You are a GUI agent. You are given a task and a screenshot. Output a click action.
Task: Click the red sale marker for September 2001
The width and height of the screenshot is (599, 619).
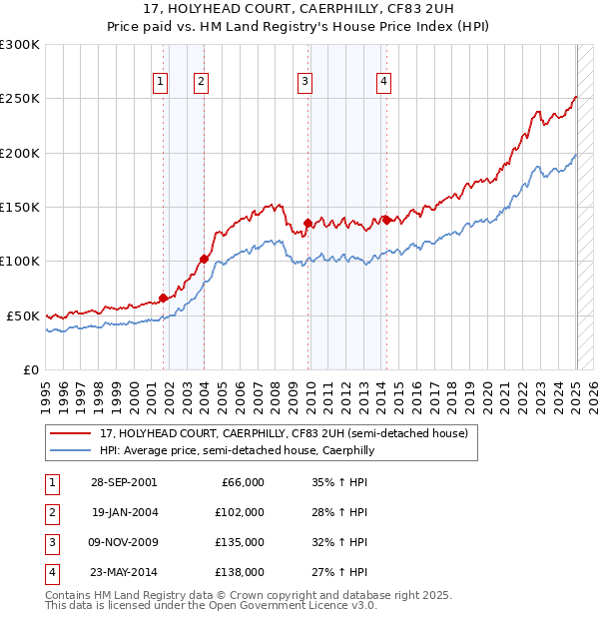coord(164,298)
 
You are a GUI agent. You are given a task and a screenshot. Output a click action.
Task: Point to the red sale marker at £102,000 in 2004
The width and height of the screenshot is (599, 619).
coord(204,260)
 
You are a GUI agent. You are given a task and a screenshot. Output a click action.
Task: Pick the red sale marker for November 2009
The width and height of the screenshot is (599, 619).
coord(307,223)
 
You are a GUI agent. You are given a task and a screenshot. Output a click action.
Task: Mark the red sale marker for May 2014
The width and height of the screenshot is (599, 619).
coord(386,220)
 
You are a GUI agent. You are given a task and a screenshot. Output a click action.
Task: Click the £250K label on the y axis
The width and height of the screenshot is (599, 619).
coord(20,99)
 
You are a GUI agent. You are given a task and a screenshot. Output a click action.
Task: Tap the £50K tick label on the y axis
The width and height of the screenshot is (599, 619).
coord(24,315)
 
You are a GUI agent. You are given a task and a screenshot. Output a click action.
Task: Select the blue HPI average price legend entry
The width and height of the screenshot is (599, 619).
coord(236,451)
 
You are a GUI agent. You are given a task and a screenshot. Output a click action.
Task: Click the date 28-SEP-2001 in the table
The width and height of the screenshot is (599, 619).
coord(124,482)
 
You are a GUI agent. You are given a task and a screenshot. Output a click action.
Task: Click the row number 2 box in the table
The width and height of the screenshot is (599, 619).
coord(50,512)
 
